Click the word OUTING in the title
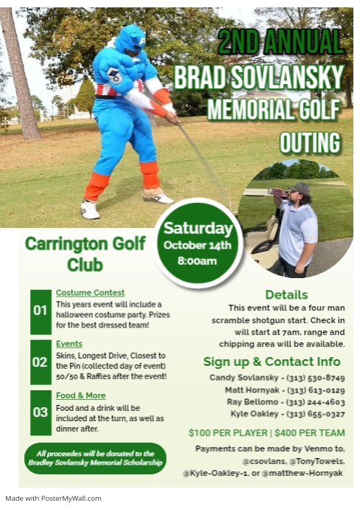[x=311, y=142]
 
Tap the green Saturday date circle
[x=198, y=243]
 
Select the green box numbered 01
[x=41, y=309]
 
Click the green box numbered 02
[x=41, y=361]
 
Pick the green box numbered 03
[x=41, y=412]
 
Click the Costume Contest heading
[x=90, y=293]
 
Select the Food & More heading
[x=81, y=395]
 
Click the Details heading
[x=286, y=294]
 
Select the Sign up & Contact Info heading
[x=271, y=361]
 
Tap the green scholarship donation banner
[x=94, y=458]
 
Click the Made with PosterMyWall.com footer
[x=53, y=498]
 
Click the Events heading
[x=69, y=344]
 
